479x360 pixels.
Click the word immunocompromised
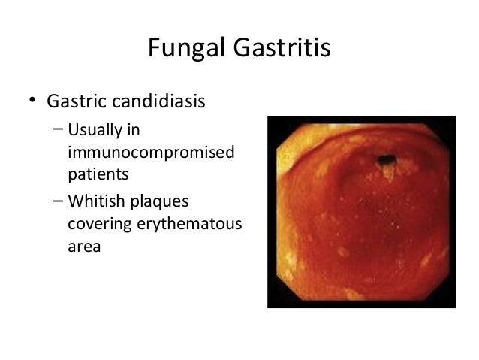150,153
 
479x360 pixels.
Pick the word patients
98,175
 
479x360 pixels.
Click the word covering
99,224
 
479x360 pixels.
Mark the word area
83,246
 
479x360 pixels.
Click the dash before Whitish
58,201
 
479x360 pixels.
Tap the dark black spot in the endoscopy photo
387,159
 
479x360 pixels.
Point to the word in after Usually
134,130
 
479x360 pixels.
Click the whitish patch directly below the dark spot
388,173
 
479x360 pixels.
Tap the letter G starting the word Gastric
54,100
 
